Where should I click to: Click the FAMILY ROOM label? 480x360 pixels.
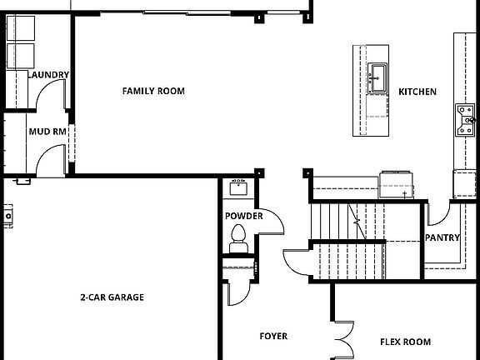[153, 91]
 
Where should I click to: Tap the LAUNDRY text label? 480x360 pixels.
[49, 75]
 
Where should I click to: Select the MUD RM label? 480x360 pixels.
[47, 132]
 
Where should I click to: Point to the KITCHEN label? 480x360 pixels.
[417, 92]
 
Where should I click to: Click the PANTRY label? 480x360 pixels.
[442, 237]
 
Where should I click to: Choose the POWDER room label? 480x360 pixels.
[243, 217]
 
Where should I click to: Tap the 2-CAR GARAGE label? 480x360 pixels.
[112, 297]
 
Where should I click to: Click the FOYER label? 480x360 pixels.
[273, 337]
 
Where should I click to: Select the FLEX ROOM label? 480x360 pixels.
[405, 342]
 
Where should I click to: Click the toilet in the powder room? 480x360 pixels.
[238, 238]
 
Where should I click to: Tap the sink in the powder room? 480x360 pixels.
[238, 187]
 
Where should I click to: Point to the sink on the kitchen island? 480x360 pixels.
[378, 77]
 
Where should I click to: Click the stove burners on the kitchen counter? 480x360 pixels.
[463, 119]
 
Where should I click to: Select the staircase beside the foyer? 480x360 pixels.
[350, 242]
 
